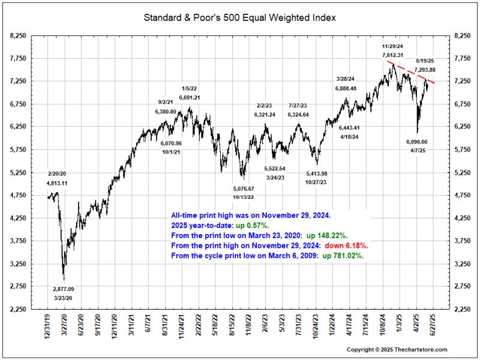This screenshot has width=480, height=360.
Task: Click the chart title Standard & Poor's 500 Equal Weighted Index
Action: (239, 17)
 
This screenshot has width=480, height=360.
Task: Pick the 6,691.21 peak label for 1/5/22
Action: (190, 97)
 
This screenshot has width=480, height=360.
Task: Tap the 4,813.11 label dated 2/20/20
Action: (58, 183)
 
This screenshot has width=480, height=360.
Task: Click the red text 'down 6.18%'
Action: (346, 246)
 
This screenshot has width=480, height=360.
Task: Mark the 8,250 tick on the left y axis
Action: (18, 36)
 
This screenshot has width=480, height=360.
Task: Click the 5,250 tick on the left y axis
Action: (18, 173)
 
